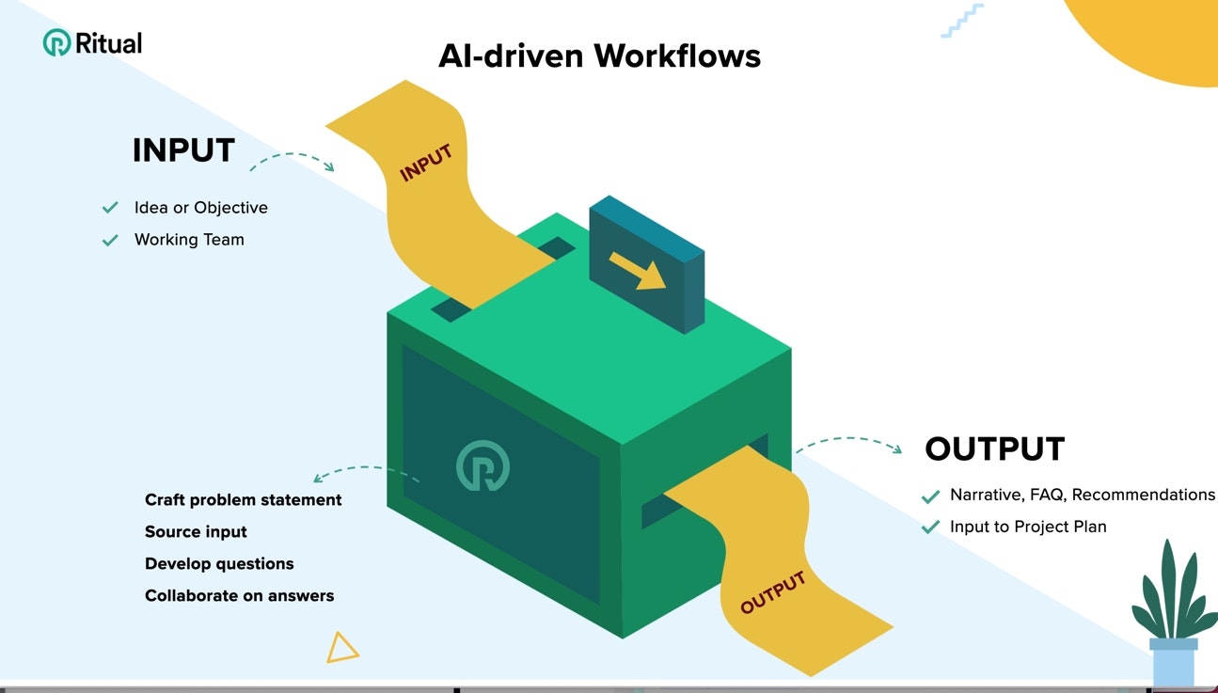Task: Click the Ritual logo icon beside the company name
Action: pos(56,43)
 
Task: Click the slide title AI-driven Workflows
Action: pos(599,55)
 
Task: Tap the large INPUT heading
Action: pos(183,150)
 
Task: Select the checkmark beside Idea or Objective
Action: pos(110,208)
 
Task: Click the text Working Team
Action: pos(189,240)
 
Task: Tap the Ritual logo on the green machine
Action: pos(482,465)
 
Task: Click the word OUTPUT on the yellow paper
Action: pos(773,592)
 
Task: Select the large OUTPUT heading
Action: pos(994,449)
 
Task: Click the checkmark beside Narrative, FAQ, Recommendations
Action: pos(931,496)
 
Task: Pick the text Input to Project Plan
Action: pos(1028,527)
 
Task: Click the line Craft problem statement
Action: pos(243,500)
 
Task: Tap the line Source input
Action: pos(196,532)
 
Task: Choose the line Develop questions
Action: pos(219,564)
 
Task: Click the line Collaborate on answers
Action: pos(239,596)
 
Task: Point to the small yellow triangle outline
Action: pos(341,647)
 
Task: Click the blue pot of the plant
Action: pos(1173,664)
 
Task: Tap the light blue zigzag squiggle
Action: pos(961,21)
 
